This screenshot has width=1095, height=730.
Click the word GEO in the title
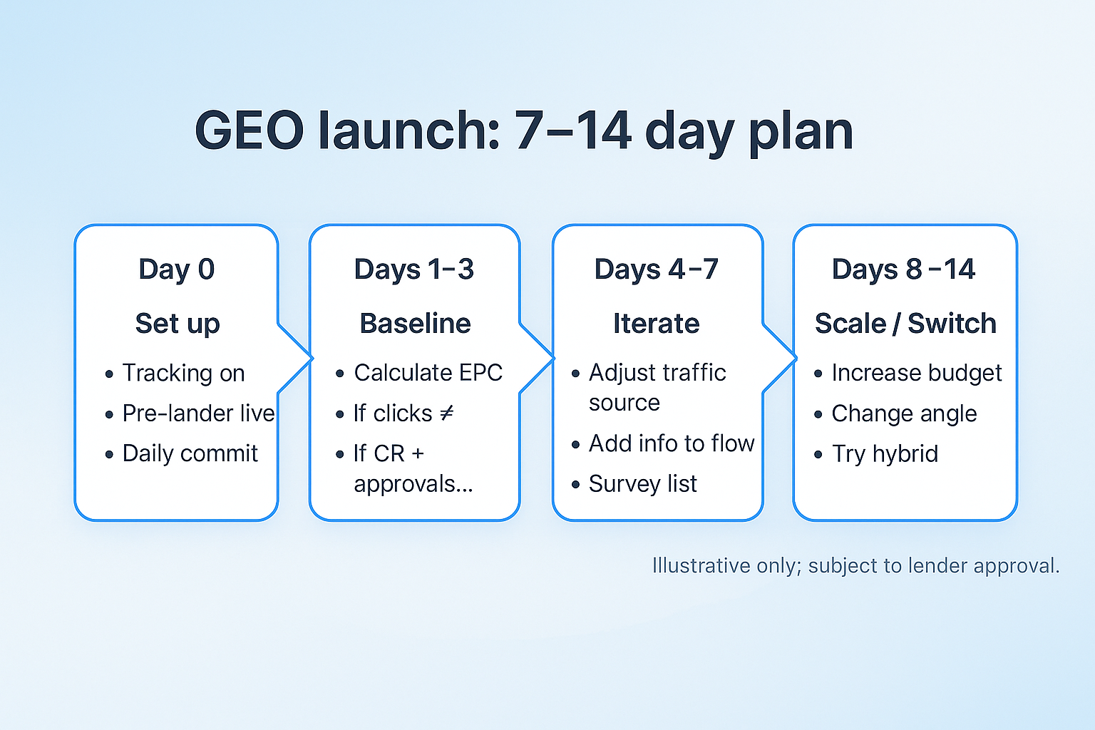pyautogui.click(x=250, y=130)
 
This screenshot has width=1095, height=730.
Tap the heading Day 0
pyautogui.click(x=177, y=270)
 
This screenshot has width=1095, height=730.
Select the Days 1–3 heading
pyautogui.click(x=414, y=269)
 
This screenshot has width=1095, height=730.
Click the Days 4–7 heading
pyautogui.click(x=657, y=269)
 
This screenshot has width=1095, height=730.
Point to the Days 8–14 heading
pyautogui.click(x=904, y=269)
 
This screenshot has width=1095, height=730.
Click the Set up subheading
pyautogui.click(x=178, y=324)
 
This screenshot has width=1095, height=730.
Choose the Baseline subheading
pyautogui.click(x=415, y=323)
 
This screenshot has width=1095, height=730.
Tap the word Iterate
pyautogui.click(x=657, y=323)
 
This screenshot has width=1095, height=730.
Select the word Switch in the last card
pyautogui.click(x=952, y=323)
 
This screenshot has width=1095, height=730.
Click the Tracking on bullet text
pyautogui.click(x=183, y=373)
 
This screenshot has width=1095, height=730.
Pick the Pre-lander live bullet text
pyautogui.click(x=198, y=413)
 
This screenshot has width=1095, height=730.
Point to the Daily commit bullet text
pyautogui.click(x=190, y=453)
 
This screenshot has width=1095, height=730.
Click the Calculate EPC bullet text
pyautogui.click(x=428, y=373)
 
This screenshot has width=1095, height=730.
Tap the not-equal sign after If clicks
pyautogui.click(x=447, y=413)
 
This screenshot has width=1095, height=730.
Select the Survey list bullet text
pyautogui.click(x=643, y=484)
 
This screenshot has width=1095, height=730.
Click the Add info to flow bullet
pyautogui.click(x=672, y=443)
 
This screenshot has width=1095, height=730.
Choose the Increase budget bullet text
pyautogui.click(x=917, y=373)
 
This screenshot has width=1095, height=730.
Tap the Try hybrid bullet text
pyautogui.click(x=885, y=454)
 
